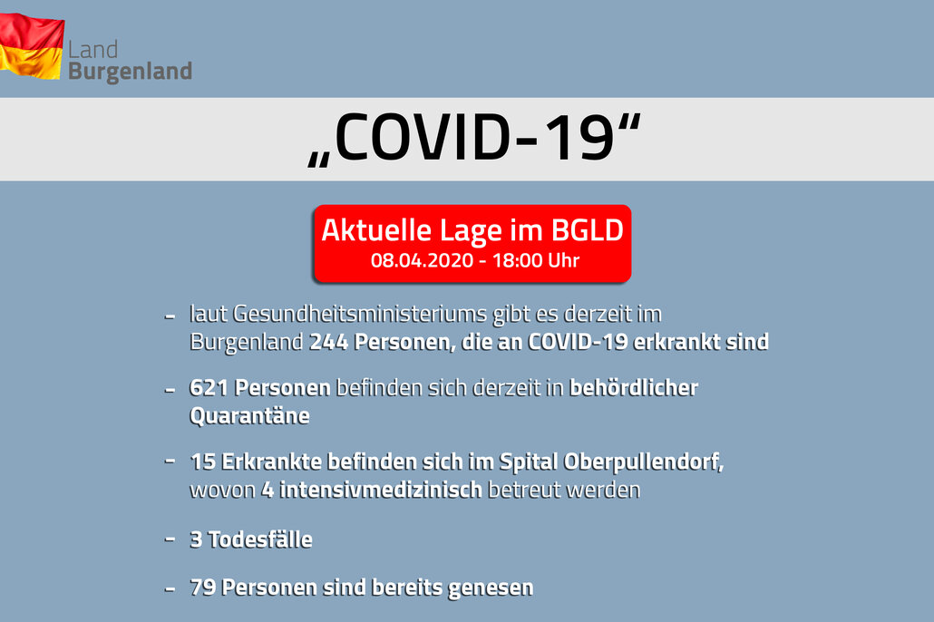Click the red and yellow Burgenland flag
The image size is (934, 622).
coord(31,46)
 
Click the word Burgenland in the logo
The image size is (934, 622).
coord(130,72)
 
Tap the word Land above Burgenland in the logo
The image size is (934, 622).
coord(92,50)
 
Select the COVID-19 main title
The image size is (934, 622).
coord(474,138)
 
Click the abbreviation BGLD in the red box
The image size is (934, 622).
coord(587,230)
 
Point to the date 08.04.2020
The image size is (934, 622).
coord(422,260)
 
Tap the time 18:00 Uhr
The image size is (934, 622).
coord(536,260)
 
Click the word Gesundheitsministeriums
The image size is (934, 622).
coord(360,314)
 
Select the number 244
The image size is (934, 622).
coord(328,342)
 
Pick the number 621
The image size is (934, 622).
coord(209,388)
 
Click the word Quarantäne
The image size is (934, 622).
coord(249,416)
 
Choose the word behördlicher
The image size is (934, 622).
coord(634,388)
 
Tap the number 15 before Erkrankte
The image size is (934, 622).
coord(202,462)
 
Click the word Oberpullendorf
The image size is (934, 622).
coord(643,462)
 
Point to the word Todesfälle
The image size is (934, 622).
coord(260,539)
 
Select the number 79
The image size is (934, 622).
coord(202,588)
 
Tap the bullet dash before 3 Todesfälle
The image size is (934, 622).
coord(170,539)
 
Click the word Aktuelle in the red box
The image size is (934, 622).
coord(375,230)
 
